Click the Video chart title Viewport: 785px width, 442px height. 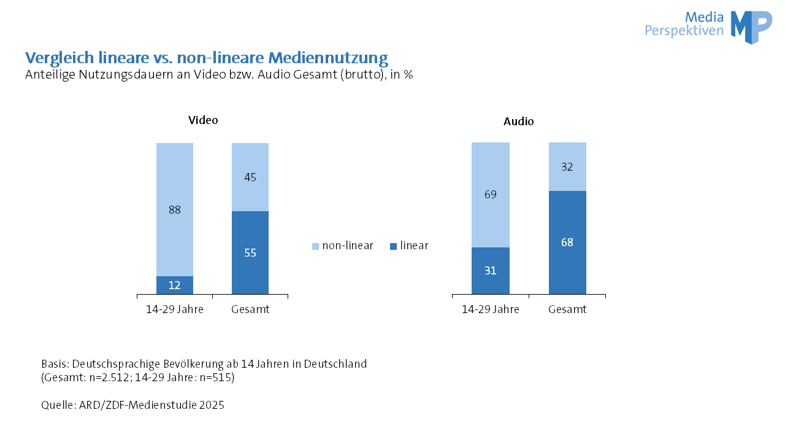pyautogui.click(x=203, y=120)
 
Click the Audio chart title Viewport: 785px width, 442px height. pyautogui.click(x=518, y=122)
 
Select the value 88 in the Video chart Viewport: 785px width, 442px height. pyautogui.click(x=175, y=210)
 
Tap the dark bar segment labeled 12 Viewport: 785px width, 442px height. pyautogui.click(x=175, y=285)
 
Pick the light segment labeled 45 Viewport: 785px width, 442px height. pyautogui.click(x=250, y=177)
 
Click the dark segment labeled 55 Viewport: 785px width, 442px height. pyautogui.click(x=250, y=252)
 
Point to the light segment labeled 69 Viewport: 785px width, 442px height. pyautogui.click(x=490, y=195)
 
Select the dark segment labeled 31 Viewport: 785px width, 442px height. pyautogui.click(x=490, y=270)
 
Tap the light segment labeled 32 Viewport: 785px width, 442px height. pyautogui.click(x=567, y=166)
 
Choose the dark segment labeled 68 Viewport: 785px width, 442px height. pyautogui.click(x=567, y=242)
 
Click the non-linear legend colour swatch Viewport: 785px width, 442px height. pyautogui.click(x=316, y=246)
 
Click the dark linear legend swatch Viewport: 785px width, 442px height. pyautogui.click(x=393, y=246)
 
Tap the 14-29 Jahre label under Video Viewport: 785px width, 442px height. pyautogui.click(x=175, y=309)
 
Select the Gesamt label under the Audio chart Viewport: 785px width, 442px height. pyautogui.click(x=567, y=309)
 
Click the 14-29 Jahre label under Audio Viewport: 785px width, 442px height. pyautogui.click(x=490, y=309)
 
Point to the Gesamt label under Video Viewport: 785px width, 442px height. pyautogui.click(x=250, y=309)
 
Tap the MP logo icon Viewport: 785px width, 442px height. pyautogui.click(x=751, y=27)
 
